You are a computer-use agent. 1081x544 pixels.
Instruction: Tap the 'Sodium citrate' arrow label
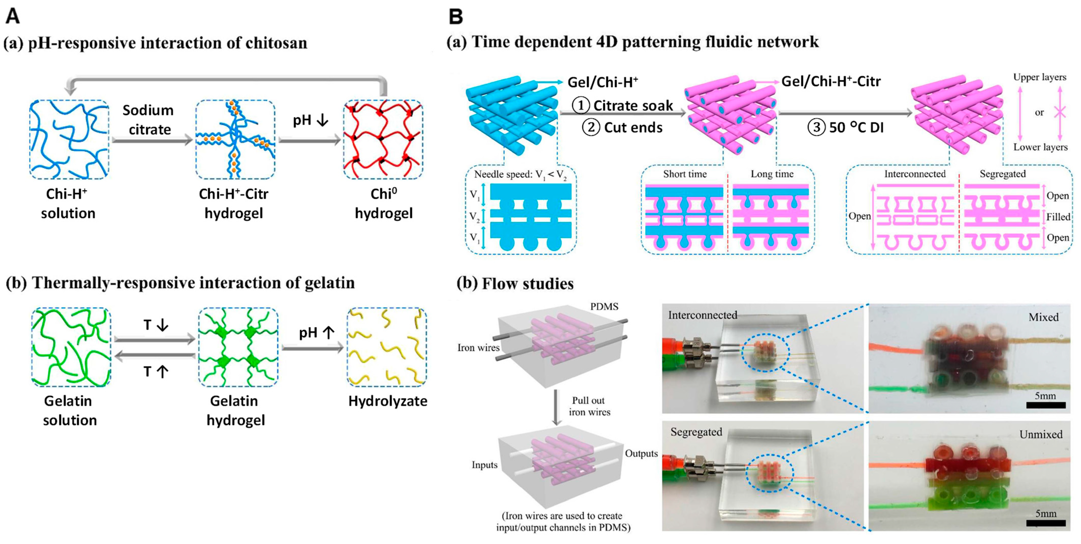point(149,119)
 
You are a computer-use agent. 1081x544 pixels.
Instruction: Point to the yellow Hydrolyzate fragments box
point(386,347)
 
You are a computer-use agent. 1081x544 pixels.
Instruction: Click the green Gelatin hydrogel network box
point(238,347)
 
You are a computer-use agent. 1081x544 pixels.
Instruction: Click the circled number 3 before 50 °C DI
point(816,127)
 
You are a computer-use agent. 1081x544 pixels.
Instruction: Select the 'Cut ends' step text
point(633,127)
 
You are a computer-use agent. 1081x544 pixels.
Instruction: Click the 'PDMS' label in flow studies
point(604,306)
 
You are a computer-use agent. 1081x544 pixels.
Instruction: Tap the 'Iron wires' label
point(478,347)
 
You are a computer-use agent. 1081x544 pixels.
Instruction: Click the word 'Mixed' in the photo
point(1043,317)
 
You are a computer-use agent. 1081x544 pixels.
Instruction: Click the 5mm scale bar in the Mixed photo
point(1046,405)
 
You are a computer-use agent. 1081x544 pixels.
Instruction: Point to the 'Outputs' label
point(641,453)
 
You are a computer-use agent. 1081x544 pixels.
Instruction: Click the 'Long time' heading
point(772,174)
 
